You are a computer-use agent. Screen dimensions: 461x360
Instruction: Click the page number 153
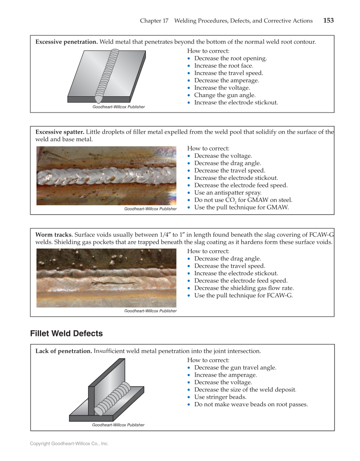[328, 20]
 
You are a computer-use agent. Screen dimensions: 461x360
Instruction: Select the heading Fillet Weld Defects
[66, 334]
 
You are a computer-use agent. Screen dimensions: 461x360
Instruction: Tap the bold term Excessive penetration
[67, 42]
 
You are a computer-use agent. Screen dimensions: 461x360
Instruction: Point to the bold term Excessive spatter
[62, 132]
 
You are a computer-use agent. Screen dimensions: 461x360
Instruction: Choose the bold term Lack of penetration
[64, 351]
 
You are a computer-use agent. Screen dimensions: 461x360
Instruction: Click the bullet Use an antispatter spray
[228, 193]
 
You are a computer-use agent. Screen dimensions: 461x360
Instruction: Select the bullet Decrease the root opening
[230, 59]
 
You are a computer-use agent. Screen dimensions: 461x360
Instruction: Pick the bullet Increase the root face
[223, 66]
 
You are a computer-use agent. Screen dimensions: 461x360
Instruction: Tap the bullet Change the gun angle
[225, 95]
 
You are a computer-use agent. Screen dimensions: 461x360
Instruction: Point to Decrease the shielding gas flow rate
[244, 288]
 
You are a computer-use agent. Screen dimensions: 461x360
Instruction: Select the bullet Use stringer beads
[220, 397]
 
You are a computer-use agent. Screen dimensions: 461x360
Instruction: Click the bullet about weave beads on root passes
[251, 404]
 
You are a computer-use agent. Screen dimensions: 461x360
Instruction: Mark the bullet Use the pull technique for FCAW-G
[243, 295]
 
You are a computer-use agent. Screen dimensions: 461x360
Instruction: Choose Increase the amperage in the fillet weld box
[225, 375]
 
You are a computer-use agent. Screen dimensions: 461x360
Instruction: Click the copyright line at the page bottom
[69, 444]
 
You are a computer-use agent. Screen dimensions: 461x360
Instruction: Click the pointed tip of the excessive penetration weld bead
[97, 100]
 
